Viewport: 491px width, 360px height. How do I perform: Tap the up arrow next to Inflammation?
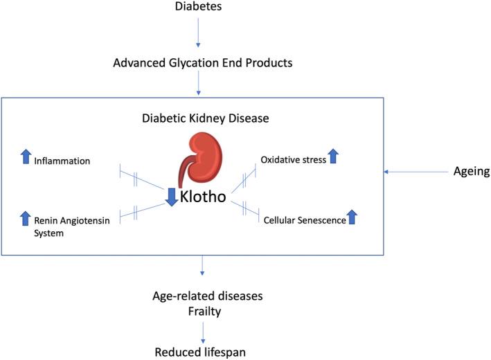[x=26, y=159]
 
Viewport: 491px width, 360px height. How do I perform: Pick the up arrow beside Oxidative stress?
[x=333, y=156]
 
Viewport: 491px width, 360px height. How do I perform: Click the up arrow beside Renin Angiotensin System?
[x=26, y=219]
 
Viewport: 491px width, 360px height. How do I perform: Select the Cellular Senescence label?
[x=304, y=219]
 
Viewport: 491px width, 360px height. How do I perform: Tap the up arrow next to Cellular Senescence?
[x=352, y=217]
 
